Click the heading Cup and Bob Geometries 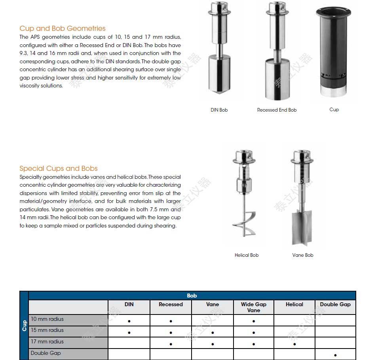[x=63, y=28]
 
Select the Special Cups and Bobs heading [x=59, y=169]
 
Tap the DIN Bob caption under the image [x=219, y=110]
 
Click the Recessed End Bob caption [x=277, y=110]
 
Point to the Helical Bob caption [x=247, y=255]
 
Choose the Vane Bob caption [x=303, y=255]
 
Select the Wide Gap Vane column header [x=254, y=307]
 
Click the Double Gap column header [x=335, y=305]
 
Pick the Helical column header [x=294, y=305]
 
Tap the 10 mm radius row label [x=47, y=319]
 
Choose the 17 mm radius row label [x=47, y=342]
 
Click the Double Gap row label [x=46, y=353]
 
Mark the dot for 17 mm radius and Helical [x=294, y=344]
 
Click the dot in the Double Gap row [x=335, y=355]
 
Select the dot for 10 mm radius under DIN [x=129, y=321]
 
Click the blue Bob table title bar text [x=192, y=296]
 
